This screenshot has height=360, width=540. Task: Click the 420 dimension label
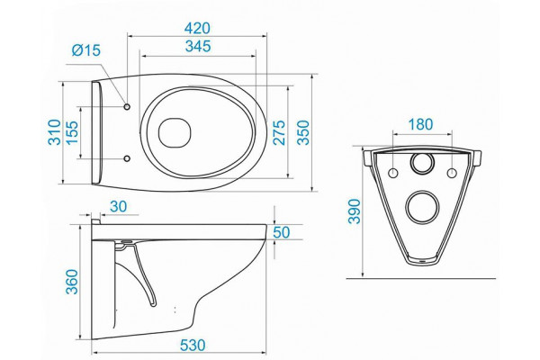pos(197,28)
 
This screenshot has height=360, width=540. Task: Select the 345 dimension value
pos(198,46)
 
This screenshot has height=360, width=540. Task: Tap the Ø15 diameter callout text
pos(86,50)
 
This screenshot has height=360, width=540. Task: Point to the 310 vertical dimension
pos(55,132)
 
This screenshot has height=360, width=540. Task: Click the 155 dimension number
pos(72,132)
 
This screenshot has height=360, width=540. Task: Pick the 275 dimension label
pos(279,132)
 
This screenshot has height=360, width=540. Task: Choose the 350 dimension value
pos(303,132)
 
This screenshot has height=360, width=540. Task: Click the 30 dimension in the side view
pos(119,207)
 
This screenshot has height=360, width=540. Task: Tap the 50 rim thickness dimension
pos(282,232)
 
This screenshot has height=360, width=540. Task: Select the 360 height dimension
pos(72,282)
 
